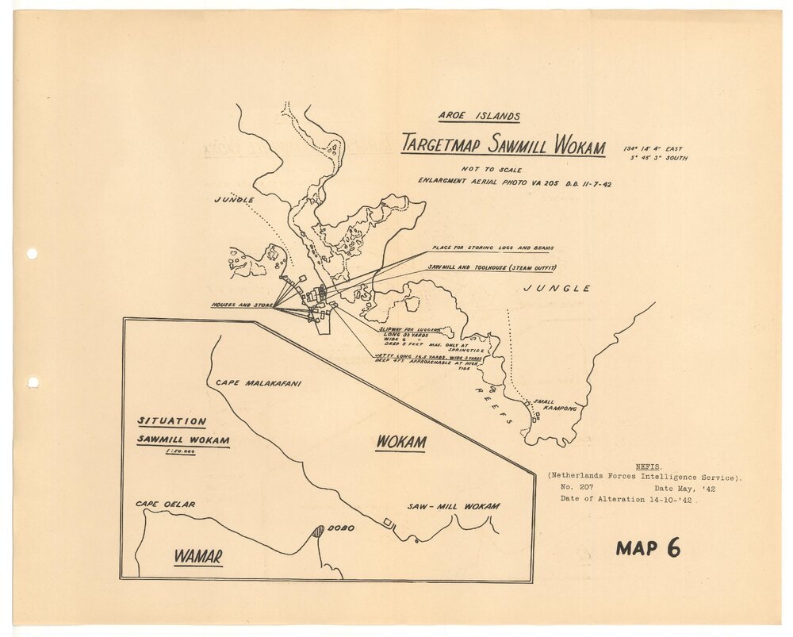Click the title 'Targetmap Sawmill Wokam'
503,145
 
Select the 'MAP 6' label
647,547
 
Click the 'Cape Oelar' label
165,504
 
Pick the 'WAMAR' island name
198,555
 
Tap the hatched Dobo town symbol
317,531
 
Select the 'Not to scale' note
492,170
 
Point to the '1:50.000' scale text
180,451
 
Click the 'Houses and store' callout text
242,305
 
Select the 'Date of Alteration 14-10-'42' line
628,499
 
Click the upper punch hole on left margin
32,254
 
